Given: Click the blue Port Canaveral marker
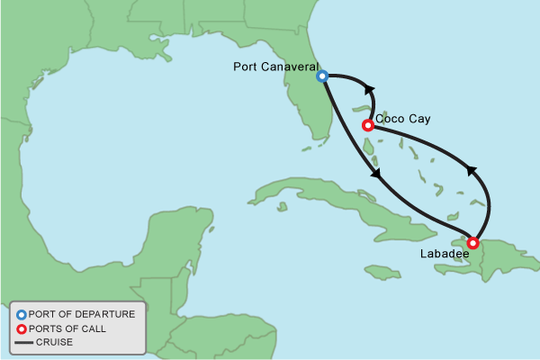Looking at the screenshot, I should (321, 76).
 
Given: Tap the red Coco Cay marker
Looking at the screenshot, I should (367, 125).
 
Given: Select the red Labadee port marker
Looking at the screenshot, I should (473, 242).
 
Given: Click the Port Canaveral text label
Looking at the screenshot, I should (274, 67).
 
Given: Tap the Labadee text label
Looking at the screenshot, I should (445, 255).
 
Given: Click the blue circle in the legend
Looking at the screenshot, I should (22, 315).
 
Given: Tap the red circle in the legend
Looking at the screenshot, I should (22, 328).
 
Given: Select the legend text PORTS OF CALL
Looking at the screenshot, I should (67, 328).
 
